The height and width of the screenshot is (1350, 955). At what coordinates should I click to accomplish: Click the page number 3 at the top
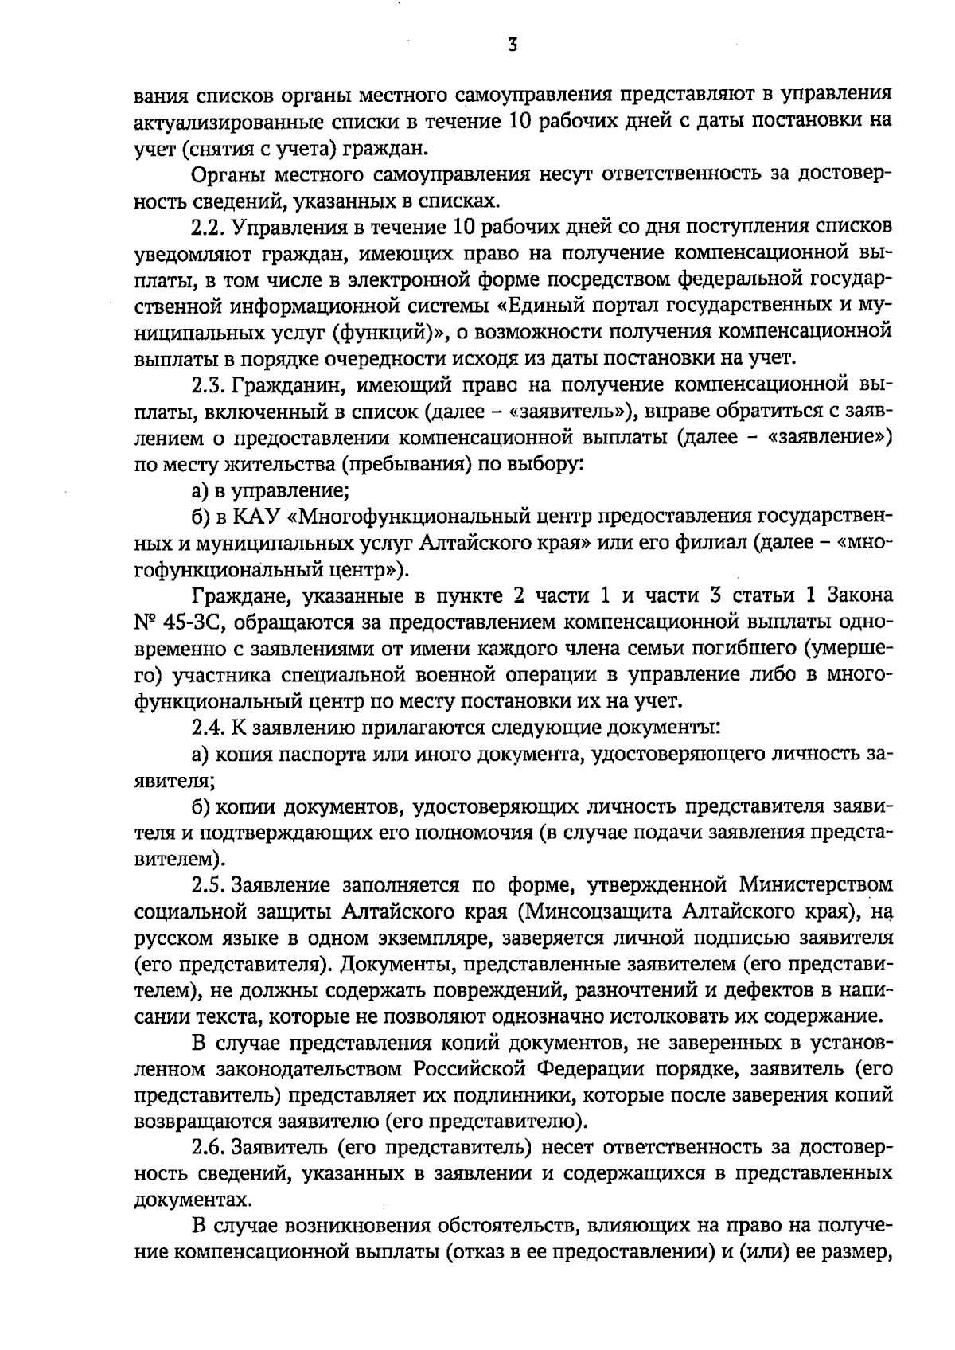pos(513,46)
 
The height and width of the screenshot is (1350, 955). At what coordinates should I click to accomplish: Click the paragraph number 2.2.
pos(210,228)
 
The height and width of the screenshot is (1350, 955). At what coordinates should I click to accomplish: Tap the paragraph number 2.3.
pos(210,386)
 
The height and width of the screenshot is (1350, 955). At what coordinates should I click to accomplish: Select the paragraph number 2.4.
pos(210,727)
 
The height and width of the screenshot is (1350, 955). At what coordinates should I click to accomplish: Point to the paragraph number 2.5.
pos(210,884)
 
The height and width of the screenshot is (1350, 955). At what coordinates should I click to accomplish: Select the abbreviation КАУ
pos(255,518)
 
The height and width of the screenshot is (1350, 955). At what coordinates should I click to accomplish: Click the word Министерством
pos(815,884)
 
